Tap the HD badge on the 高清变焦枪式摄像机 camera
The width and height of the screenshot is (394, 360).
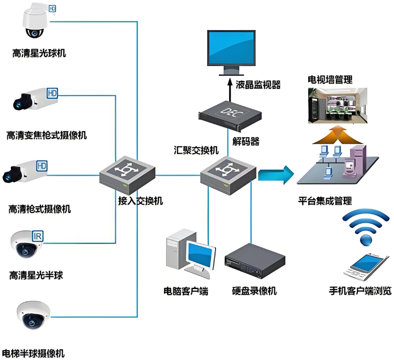52,93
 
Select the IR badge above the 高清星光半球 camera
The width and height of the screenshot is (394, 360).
38,236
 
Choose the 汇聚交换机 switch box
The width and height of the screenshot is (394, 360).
228,173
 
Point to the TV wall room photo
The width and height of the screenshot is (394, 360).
338,105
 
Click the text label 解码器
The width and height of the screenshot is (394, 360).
245,142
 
